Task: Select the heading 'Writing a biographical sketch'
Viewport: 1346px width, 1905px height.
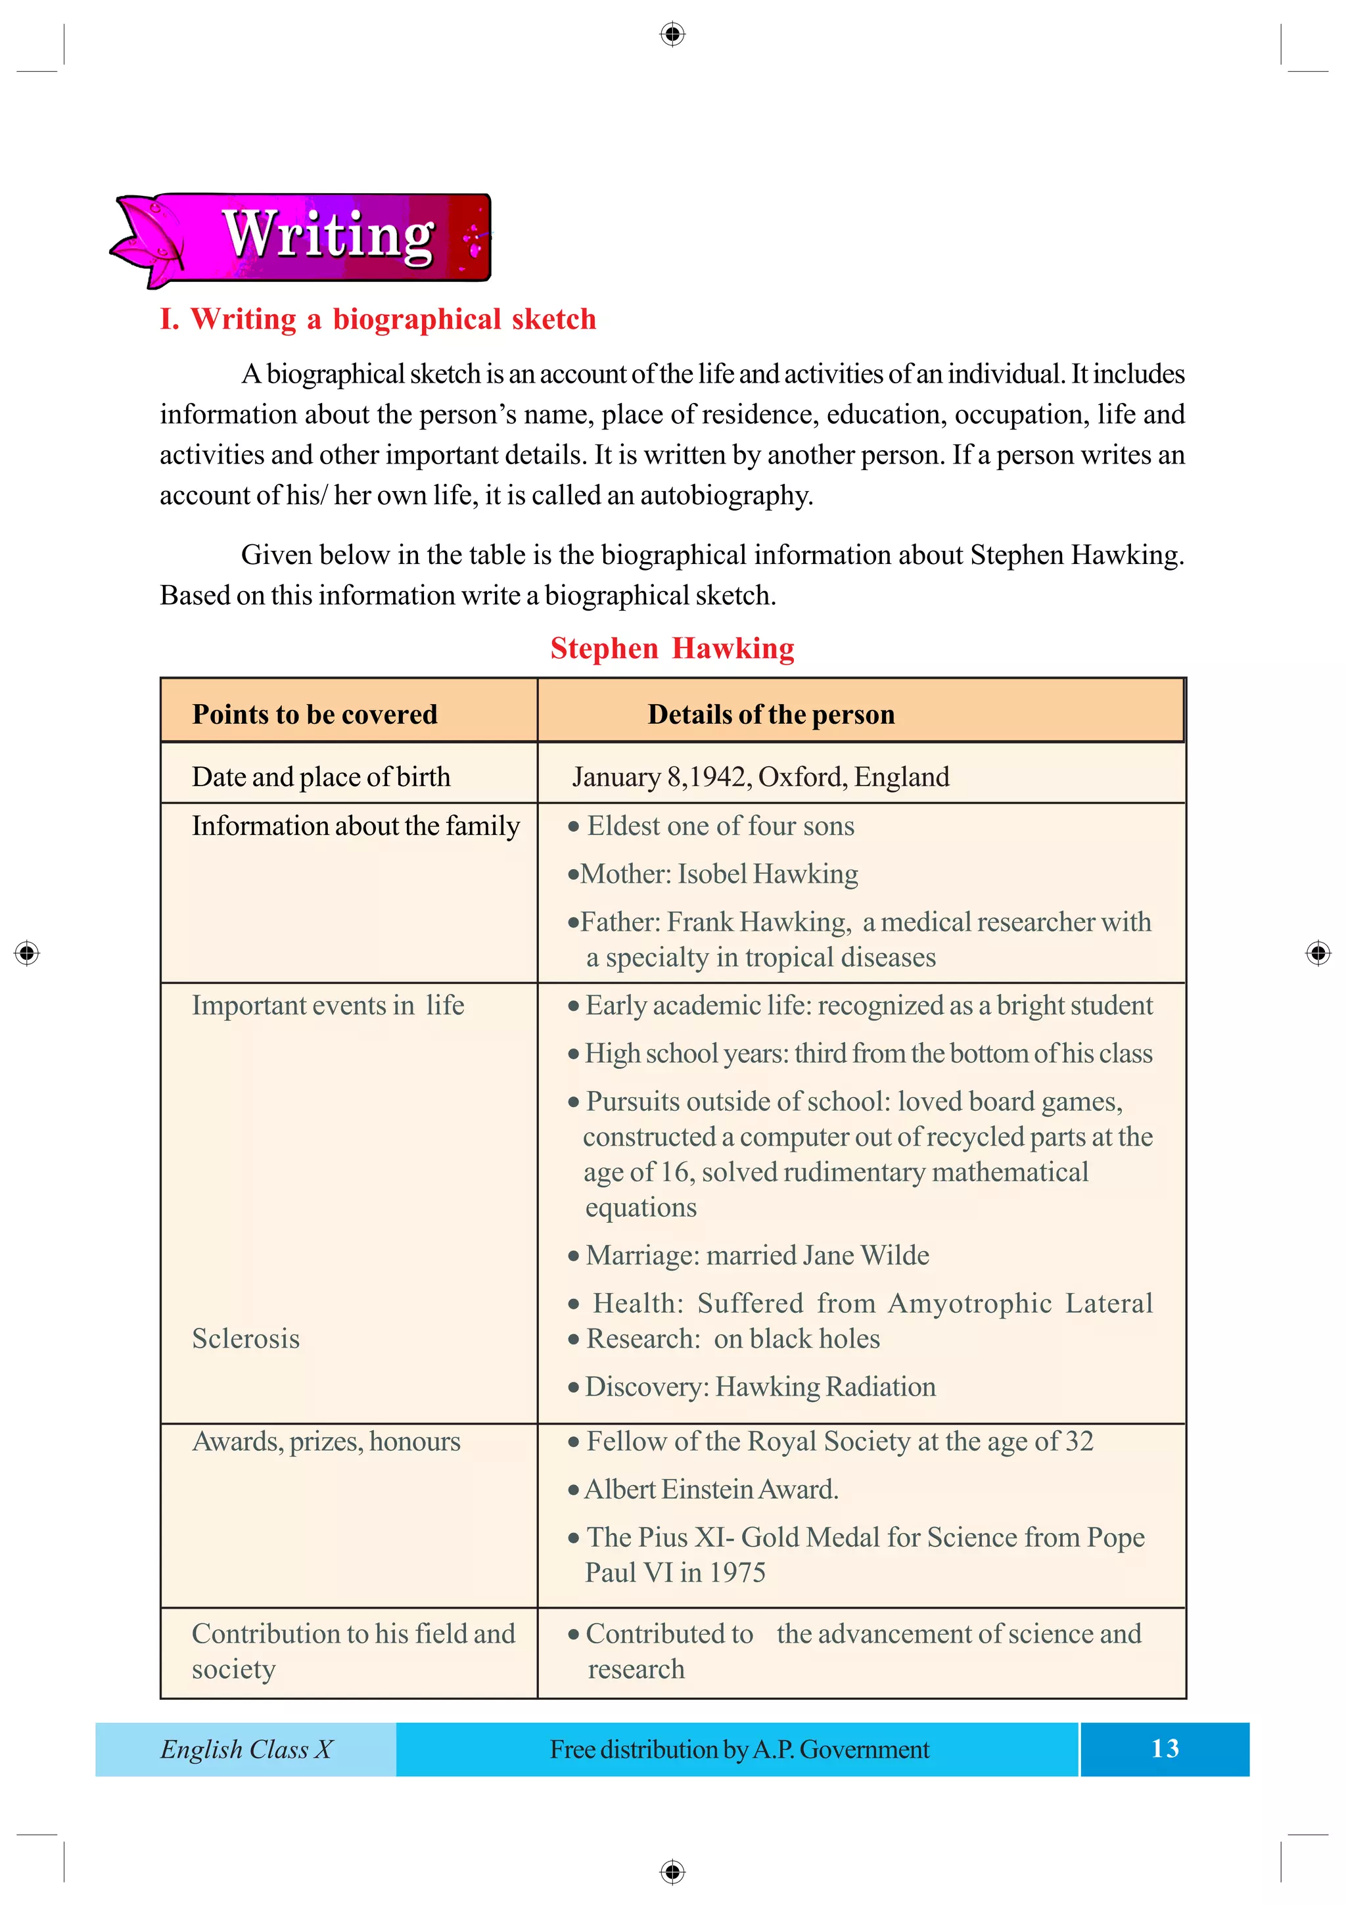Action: (378, 319)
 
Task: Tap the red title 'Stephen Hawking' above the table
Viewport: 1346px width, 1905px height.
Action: (672, 648)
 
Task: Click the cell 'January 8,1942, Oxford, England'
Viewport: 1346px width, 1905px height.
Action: (760, 776)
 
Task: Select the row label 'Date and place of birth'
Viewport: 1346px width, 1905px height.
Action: (321, 776)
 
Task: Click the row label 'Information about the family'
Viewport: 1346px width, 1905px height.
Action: (356, 826)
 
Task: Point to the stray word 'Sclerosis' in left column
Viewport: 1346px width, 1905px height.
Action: (246, 1338)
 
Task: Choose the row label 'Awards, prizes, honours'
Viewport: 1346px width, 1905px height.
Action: (326, 1441)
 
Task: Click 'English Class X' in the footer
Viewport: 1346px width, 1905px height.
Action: (246, 1749)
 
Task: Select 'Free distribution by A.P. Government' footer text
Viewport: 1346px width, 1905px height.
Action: (739, 1749)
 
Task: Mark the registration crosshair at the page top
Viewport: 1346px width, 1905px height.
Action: (672, 34)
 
